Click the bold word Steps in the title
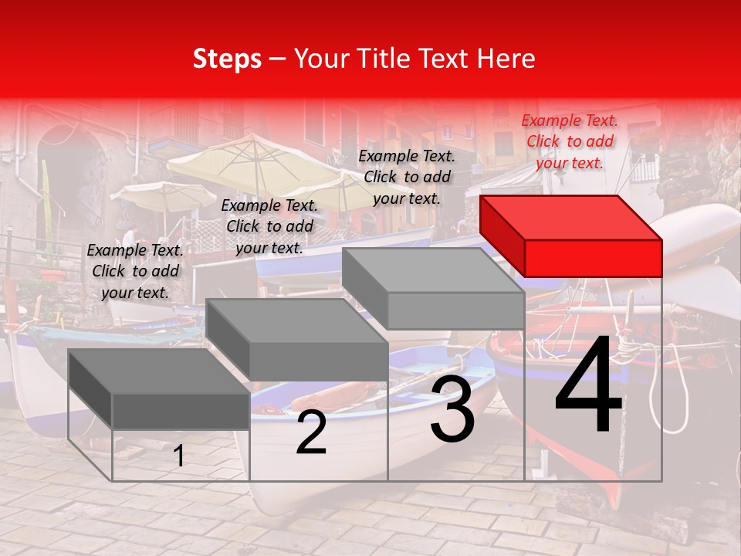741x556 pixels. click(x=227, y=59)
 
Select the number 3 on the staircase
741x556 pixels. click(x=452, y=409)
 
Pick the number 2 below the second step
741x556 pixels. click(x=311, y=433)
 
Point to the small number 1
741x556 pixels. click(x=179, y=456)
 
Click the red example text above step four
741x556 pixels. click(x=570, y=141)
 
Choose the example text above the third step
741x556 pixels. click(x=407, y=177)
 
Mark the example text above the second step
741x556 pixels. click(x=269, y=226)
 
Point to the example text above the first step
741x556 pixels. click(x=135, y=271)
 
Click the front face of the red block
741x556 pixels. click(x=593, y=258)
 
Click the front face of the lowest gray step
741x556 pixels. click(x=181, y=411)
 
